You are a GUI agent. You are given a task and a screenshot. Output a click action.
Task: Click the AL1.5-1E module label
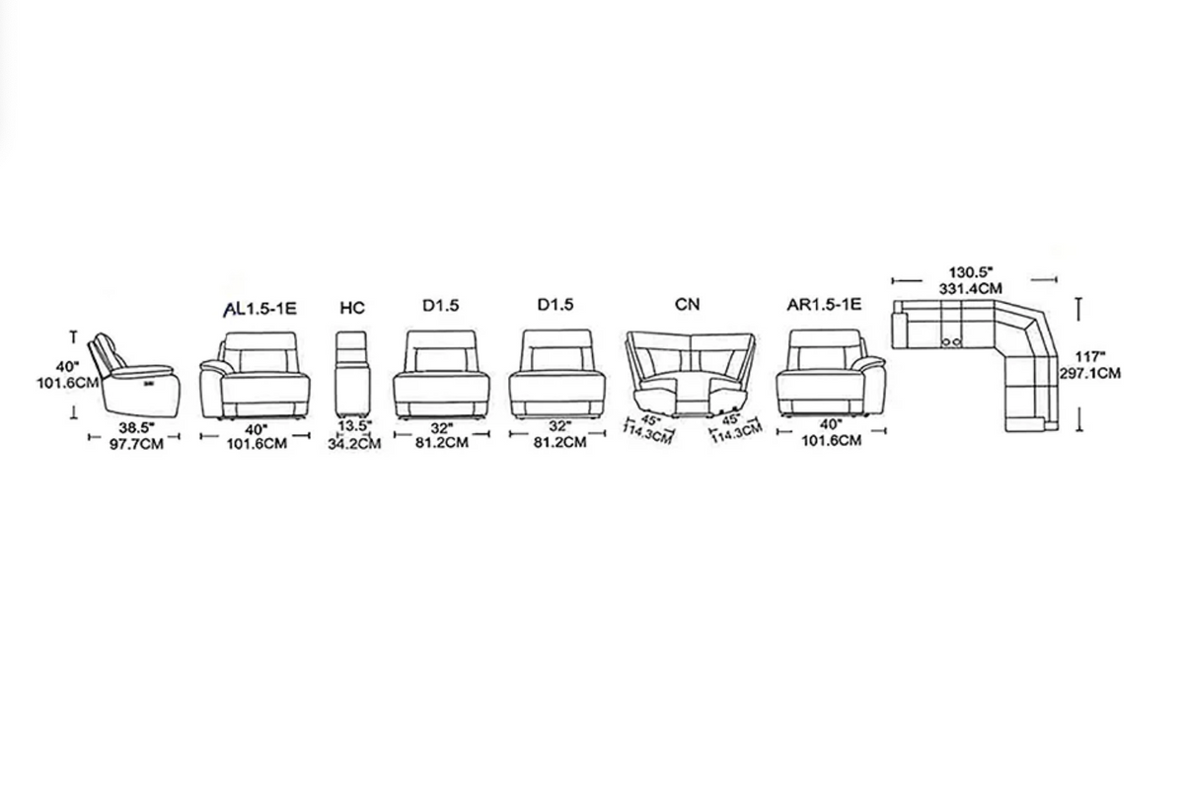(260, 309)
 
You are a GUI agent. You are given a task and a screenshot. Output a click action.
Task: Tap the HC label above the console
(352, 308)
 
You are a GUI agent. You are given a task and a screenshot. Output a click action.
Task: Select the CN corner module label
(687, 305)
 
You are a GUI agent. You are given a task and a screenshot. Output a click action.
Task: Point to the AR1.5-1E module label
(824, 305)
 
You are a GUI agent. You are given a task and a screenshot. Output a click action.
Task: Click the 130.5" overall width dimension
(971, 272)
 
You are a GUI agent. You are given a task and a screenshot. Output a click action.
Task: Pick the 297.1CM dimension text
(1089, 373)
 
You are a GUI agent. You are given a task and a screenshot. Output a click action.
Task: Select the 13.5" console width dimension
(354, 425)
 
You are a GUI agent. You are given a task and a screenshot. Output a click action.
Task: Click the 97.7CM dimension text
(136, 444)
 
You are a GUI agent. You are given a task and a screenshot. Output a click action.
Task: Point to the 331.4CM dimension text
(971, 288)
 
